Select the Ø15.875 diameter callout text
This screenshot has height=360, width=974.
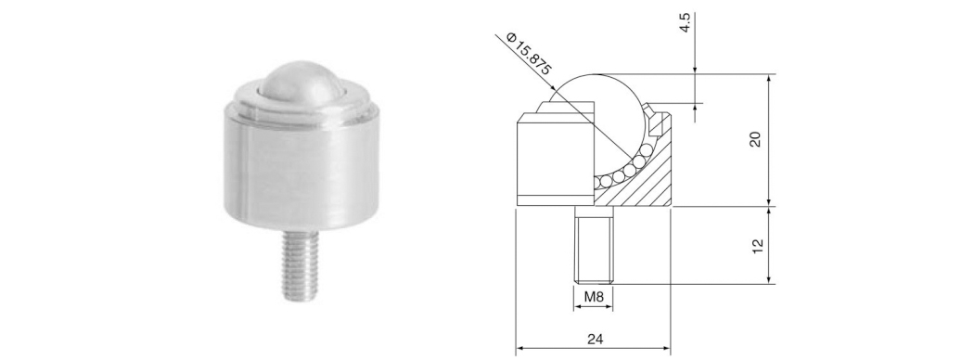point(529,54)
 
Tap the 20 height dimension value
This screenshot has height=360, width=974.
point(755,140)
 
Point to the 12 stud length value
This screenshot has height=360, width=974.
point(757,246)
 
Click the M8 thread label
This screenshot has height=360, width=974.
point(594,297)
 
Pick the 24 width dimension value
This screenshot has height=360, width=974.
point(595,339)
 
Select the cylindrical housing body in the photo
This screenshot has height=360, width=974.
point(301,169)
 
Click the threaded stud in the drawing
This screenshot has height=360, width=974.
point(594,245)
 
